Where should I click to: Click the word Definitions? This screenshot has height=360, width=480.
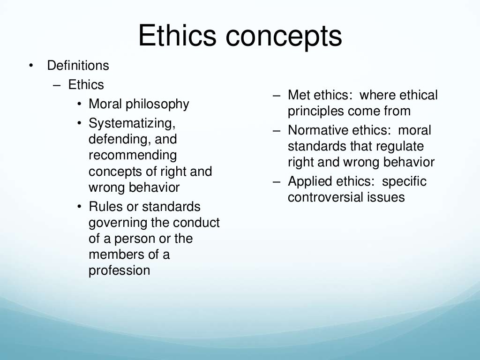point(78,66)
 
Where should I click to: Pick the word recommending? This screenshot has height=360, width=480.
point(133,155)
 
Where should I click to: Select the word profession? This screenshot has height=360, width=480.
point(119,270)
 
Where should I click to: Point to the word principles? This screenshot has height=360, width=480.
point(315,112)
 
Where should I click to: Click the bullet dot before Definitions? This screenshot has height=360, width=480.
point(31,66)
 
